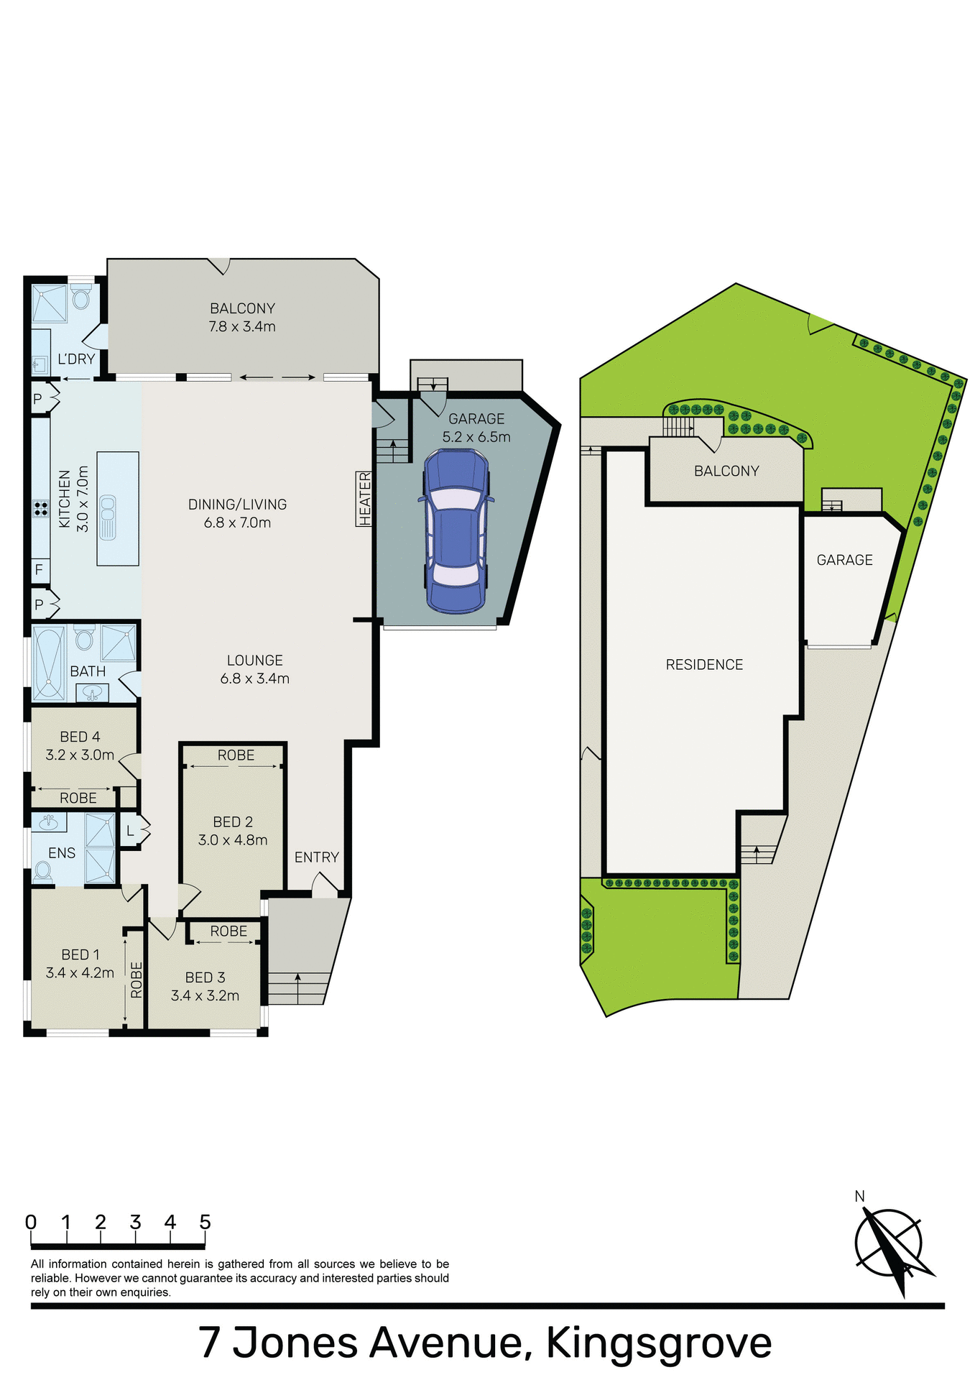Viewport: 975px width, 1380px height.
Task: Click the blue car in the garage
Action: (x=456, y=530)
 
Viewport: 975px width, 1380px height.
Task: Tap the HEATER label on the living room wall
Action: (x=364, y=499)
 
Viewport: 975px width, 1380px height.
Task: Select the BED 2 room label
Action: (x=233, y=822)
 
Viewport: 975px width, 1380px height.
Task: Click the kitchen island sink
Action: (x=107, y=517)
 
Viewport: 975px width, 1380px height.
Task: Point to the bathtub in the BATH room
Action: (x=49, y=663)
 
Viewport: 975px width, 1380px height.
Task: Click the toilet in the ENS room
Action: (x=43, y=871)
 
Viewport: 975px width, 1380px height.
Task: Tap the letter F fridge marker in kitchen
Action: (x=39, y=570)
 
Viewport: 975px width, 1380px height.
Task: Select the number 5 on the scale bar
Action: (x=205, y=1223)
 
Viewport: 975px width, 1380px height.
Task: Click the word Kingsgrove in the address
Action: (x=659, y=1342)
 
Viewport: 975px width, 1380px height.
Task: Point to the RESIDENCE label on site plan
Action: (x=704, y=665)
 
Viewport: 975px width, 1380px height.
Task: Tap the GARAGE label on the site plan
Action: (x=844, y=560)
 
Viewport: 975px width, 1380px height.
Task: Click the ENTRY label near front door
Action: (x=316, y=857)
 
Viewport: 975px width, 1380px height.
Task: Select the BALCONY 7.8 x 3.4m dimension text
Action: (x=242, y=326)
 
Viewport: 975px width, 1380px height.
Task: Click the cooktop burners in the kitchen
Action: (x=40, y=509)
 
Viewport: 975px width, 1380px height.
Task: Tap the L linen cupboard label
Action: (x=130, y=832)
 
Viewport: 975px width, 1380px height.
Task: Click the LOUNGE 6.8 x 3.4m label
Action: (x=254, y=669)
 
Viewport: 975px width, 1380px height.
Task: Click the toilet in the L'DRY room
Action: (x=81, y=297)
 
